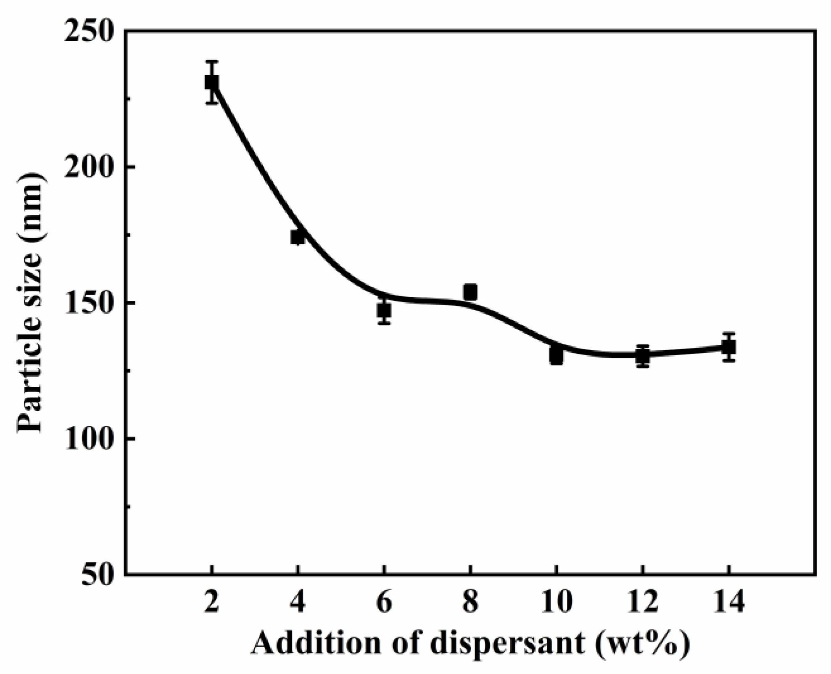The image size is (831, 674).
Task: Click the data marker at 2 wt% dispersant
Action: point(211,82)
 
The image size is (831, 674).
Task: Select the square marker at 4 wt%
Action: point(298,237)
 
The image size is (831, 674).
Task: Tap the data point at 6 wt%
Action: point(384,311)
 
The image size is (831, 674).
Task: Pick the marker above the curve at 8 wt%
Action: point(470,292)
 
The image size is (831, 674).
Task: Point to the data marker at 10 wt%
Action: point(556,356)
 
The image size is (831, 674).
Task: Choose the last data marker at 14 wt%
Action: point(729,347)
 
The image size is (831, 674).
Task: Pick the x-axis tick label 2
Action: point(212,603)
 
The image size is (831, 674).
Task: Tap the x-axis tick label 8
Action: point(470,603)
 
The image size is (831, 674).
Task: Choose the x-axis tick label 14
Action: point(729,603)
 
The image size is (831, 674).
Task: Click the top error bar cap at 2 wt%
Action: point(211,61)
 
